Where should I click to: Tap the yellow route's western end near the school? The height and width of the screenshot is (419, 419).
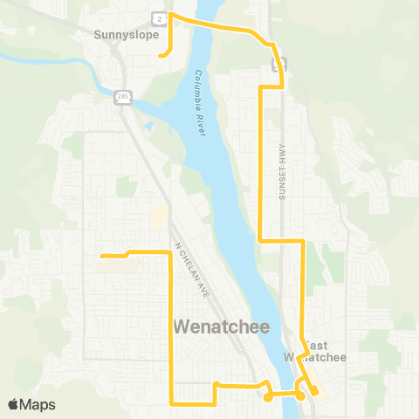click(103, 256)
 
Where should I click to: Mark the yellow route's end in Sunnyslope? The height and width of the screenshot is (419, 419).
click(161, 56)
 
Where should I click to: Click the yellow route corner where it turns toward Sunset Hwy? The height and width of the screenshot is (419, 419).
click(261, 239)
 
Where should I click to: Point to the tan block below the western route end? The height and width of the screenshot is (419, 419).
click(122, 267)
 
